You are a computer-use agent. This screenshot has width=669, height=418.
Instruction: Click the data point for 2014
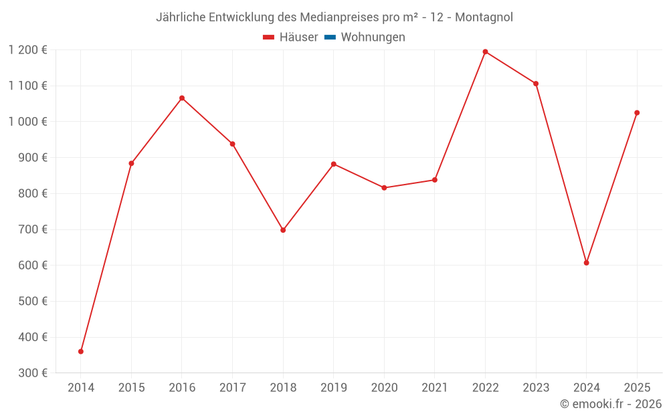(x=81, y=351)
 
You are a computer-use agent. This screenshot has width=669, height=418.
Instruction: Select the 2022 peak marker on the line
(x=485, y=51)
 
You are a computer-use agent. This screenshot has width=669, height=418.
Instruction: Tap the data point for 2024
(x=586, y=263)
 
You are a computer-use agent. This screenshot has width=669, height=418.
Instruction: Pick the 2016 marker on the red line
(x=182, y=98)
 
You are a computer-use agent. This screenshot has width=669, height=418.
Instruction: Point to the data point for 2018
(x=283, y=230)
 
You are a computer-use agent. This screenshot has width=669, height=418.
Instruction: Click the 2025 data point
(x=637, y=112)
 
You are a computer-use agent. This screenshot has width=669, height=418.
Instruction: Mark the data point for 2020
(x=384, y=188)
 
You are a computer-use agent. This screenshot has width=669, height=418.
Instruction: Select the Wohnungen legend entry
(x=373, y=37)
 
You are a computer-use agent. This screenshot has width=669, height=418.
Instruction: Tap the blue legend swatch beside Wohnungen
(x=330, y=37)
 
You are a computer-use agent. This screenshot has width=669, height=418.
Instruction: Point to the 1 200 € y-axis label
(x=28, y=49)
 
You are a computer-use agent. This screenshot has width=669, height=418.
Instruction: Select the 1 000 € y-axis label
(x=28, y=122)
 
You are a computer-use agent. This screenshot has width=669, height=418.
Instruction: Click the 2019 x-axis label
(x=333, y=388)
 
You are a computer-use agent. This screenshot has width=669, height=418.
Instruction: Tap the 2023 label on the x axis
(x=536, y=388)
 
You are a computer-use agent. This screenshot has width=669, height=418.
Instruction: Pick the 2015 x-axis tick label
(x=131, y=388)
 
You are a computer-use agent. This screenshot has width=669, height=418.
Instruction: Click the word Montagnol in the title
(x=484, y=17)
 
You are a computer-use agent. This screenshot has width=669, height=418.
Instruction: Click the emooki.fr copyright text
(x=611, y=404)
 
